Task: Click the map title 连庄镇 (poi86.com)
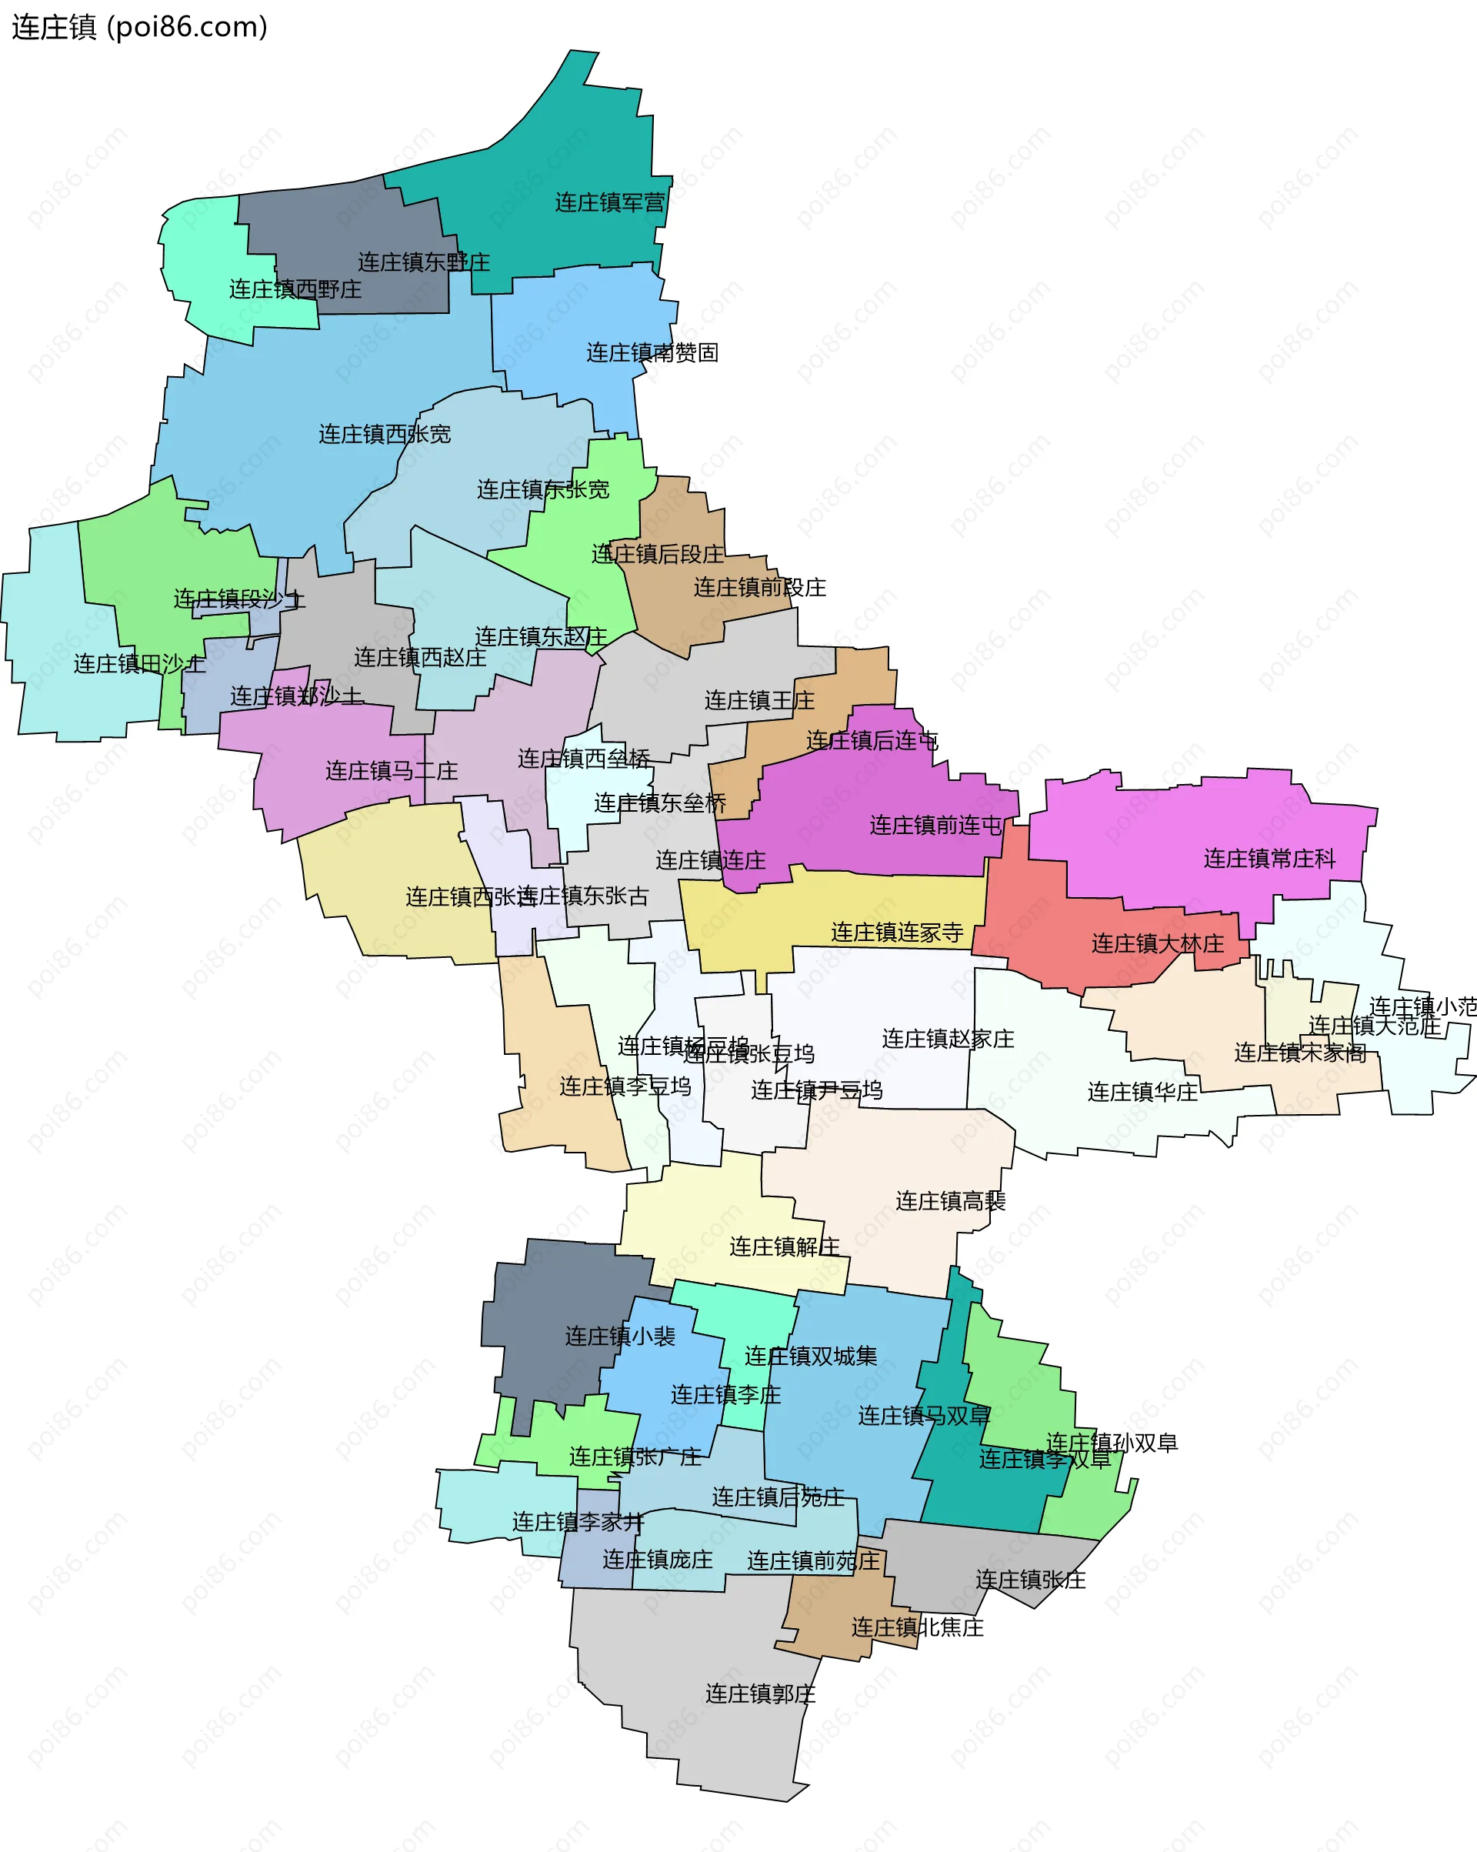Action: pyautogui.click(x=139, y=28)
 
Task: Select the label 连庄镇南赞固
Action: pyautogui.click(x=652, y=353)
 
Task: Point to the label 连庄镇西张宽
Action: pyautogui.click(x=385, y=435)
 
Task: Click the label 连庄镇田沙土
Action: pyautogui.click(x=139, y=664)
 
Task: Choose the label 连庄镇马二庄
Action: pyautogui.click(x=392, y=772)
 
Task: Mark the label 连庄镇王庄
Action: pyautogui.click(x=759, y=701)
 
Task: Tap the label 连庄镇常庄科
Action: pyautogui.click(x=1269, y=859)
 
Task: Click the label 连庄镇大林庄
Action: pyautogui.click(x=1158, y=944)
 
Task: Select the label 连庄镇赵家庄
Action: pyautogui.click(x=948, y=1039)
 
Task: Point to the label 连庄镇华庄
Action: pyautogui.click(x=1142, y=1093)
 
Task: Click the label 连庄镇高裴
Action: pyautogui.click(x=950, y=1202)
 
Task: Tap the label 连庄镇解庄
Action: pyautogui.click(x=784, y=1247)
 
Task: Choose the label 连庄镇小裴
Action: pyautogui.click(x=620, y=1336)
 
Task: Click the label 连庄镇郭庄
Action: pyautogui.click(x=760, y=1694)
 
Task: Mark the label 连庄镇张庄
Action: pyautogui.click(x=1031, y=1580)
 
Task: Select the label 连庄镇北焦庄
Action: pyautogui.click(x=917, y=1628)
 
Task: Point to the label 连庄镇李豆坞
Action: pyautogui.click(x=625, y=1086)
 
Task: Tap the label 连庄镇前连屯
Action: pyautogui.click(x=936, y=826)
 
